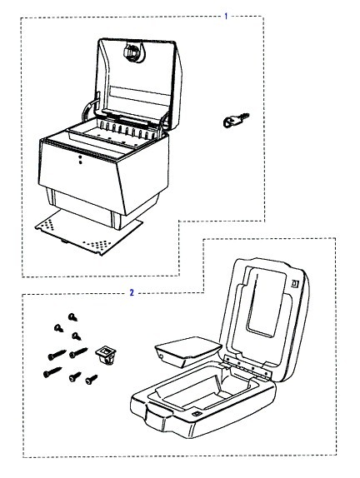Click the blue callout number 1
(226, 16)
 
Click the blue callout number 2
(132, 292)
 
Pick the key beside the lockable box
(236, 120)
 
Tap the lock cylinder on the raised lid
(133, 52)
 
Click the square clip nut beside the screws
(106, 355)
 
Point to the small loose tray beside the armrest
(188, 351)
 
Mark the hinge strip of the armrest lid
(247, 366)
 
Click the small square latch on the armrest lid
(295, 283)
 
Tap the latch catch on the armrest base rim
(197, 414)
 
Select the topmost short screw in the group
(72, 317)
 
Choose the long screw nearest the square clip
(78, 353)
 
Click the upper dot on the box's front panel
(80, 157)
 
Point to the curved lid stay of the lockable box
(87, 109)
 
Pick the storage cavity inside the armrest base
(203, 386)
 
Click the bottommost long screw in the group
(52, 372)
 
